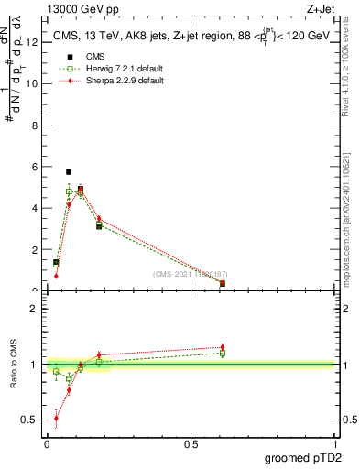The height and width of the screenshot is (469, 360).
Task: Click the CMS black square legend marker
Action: pyautogui.click(x=70, y=57)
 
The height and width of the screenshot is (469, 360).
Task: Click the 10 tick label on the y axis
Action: pyautogui.click(x=32, y=83)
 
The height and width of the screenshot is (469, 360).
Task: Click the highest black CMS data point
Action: pyautogui.click(x=69, y=172)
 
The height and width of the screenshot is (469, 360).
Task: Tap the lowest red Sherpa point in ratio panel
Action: pyautogui.click(x=56, y=419)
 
